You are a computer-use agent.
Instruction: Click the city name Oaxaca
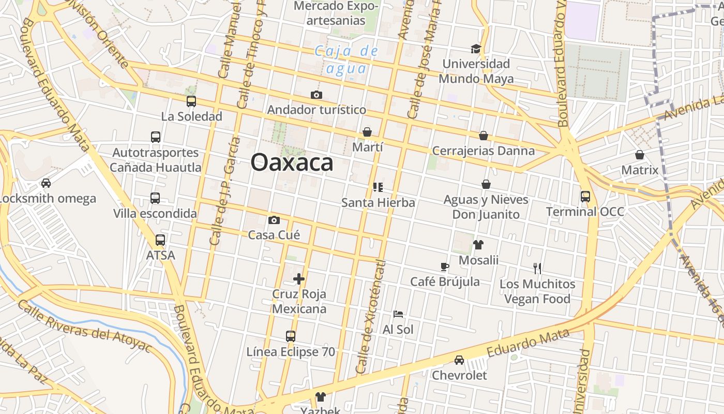292,162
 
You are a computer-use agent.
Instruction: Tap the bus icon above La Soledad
191,101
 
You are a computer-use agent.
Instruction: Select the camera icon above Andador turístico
316,95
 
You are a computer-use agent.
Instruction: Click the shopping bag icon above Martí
367,132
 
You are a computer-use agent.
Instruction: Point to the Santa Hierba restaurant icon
378,187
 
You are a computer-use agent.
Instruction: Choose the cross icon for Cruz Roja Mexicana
299,279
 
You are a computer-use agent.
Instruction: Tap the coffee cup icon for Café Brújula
445,267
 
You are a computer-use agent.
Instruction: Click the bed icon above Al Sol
398,314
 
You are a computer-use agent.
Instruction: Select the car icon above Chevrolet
459,360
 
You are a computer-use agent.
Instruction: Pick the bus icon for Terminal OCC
585,197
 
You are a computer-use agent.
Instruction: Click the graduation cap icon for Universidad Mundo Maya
476,49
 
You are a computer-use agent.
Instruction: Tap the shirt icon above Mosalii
478,245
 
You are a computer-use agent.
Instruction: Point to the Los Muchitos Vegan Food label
537,291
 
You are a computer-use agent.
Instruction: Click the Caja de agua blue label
346,60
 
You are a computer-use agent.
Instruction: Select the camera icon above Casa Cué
274,220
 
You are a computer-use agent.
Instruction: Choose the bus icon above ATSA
160,240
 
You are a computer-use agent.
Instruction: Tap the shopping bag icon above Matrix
640,155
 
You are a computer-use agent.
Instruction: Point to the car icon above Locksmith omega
46,183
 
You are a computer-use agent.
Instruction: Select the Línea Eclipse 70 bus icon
291,336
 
